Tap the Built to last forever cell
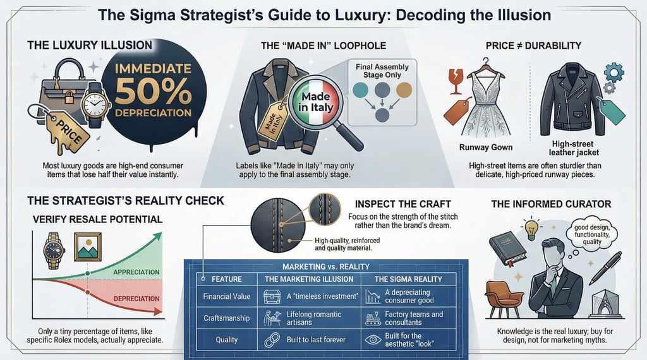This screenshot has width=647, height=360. click(x=315, y=339)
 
